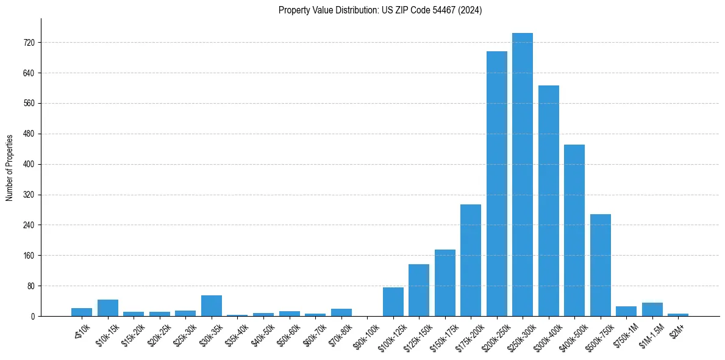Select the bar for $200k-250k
[496, 184]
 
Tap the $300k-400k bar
[548, 201]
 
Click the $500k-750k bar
[600, 265]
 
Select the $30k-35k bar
[212, 306]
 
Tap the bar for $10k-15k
[108, 308]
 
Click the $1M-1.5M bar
[652, 309]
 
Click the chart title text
[380, 10]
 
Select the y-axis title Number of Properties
[10, 167]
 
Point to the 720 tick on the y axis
[29, 43]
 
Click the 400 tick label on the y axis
[29, 164]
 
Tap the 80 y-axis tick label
[30, 286]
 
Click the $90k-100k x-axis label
[366, 334]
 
